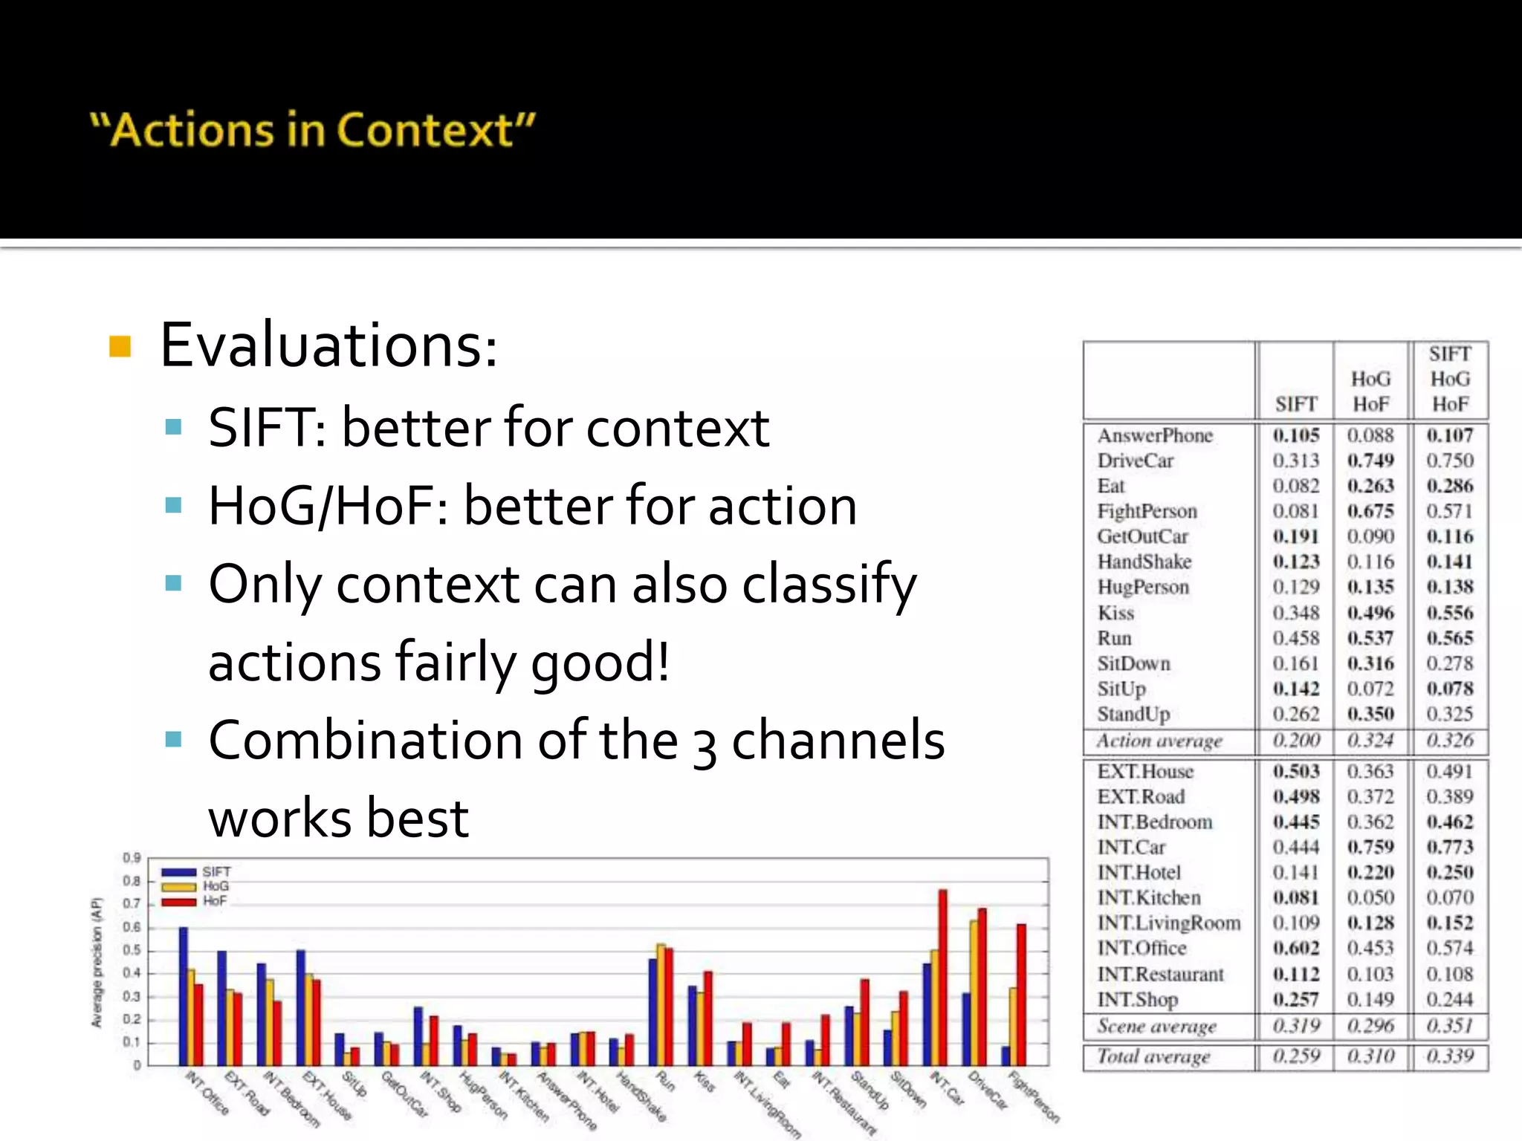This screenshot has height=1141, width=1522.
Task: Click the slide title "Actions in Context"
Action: tap(312, 130)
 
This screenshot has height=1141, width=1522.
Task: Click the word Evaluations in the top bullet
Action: tap(328, 345)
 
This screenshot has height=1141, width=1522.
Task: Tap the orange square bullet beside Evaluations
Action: tap(120, 346)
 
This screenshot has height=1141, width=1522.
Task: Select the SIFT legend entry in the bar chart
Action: tap(216, 871)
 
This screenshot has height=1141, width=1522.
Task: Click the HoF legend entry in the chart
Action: tap(214, 901)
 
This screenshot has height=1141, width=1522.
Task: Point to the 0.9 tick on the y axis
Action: tap(132, 858)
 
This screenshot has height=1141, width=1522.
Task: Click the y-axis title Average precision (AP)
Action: tap(97, 963)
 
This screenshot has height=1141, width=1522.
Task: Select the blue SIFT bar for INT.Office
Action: tap(184, 995)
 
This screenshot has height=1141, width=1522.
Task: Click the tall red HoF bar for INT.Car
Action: tap(943, 977)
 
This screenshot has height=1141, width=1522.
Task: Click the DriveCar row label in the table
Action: tap(1135, 461)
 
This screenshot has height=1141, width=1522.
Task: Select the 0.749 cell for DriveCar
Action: tap(1370, 461)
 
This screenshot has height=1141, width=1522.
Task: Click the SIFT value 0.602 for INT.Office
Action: tap(1295, 948)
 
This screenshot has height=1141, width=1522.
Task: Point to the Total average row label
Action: tap(1153, 1056)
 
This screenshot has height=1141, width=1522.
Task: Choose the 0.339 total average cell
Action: tap(1449, 1056)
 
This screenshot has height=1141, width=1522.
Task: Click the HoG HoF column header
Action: tap(1370, 391)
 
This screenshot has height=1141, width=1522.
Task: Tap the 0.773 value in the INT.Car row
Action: tap(1449, 847)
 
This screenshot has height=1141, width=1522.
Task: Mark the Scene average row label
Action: tap(1156, 1026)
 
